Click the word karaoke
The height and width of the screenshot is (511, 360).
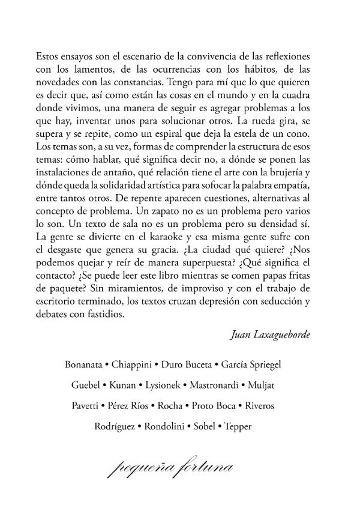165,249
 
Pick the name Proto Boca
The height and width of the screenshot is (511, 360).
214,407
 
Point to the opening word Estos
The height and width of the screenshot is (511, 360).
49,54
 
